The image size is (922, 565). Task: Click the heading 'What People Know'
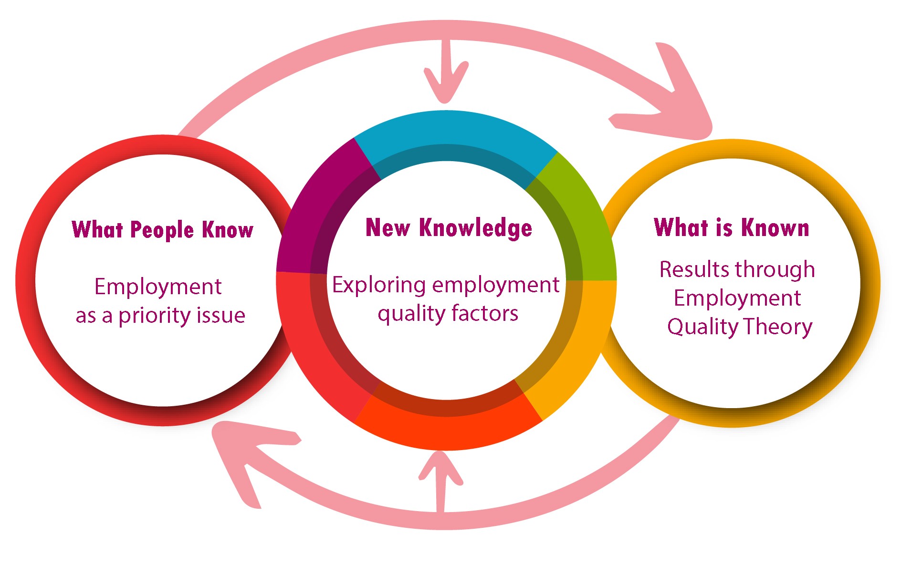[162, 229]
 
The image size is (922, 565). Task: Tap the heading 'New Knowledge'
[449, 227]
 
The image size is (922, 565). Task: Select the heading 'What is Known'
[732, 227]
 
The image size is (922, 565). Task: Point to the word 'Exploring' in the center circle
[379, 285]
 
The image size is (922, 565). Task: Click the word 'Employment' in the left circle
[158, 287]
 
